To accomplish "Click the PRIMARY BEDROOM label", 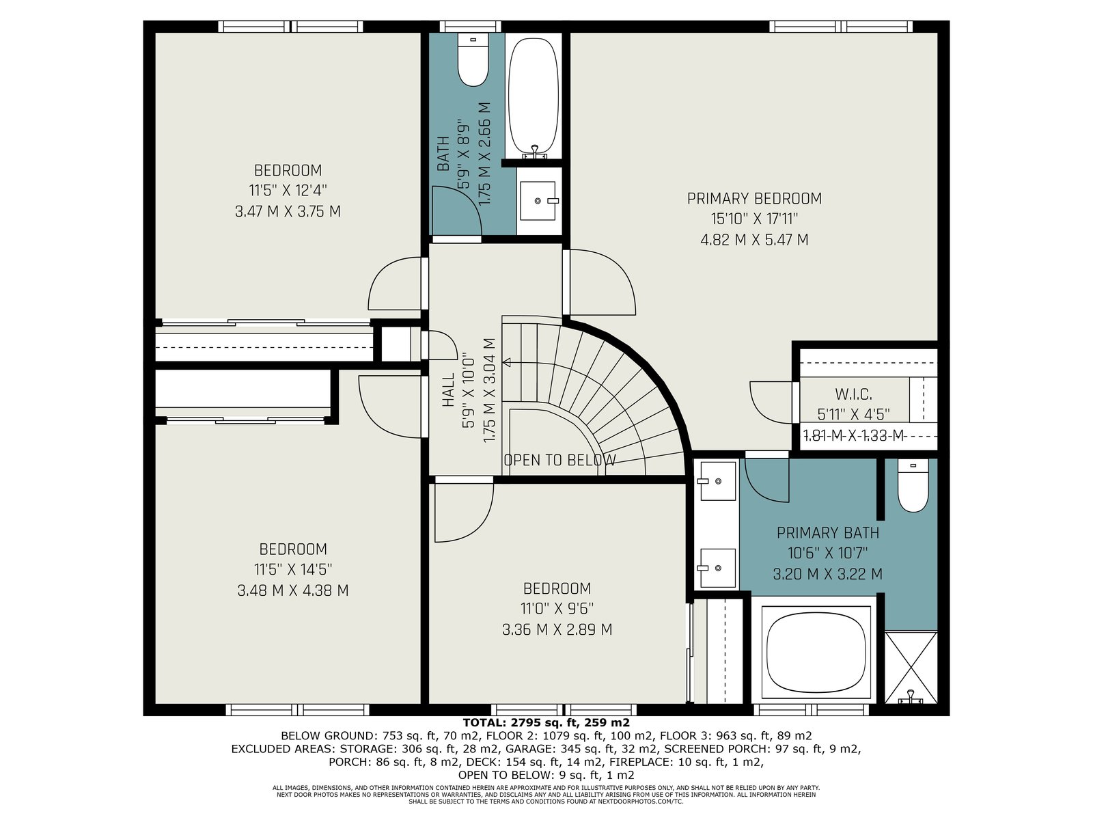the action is point(754,199).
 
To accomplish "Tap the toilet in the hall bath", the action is point(473,59).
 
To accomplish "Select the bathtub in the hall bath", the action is point(534,96).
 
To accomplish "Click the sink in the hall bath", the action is point(538,201).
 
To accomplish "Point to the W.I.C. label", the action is point(853,395).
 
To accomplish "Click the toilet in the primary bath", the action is point(913,485).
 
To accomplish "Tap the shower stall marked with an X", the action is point(911,668).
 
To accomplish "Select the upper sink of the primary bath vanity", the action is point(717,481).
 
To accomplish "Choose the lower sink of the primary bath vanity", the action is point(717,568).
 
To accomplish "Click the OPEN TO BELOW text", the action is point(559,460).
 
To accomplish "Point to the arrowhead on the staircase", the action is point(507,362).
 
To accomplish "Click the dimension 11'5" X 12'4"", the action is point(288,191).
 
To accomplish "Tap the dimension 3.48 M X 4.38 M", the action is point(293,590).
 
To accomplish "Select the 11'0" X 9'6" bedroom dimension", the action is point(557,608).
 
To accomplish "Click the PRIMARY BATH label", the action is point(827,533).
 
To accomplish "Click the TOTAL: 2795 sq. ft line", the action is point(546,722).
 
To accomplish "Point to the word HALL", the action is point(449,389).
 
